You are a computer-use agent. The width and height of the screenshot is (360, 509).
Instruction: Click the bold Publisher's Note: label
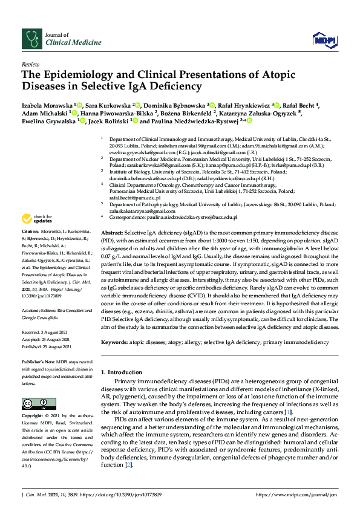click(x=39, y=361)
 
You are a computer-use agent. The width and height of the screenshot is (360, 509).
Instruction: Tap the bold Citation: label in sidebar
click(x=30, y=232)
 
